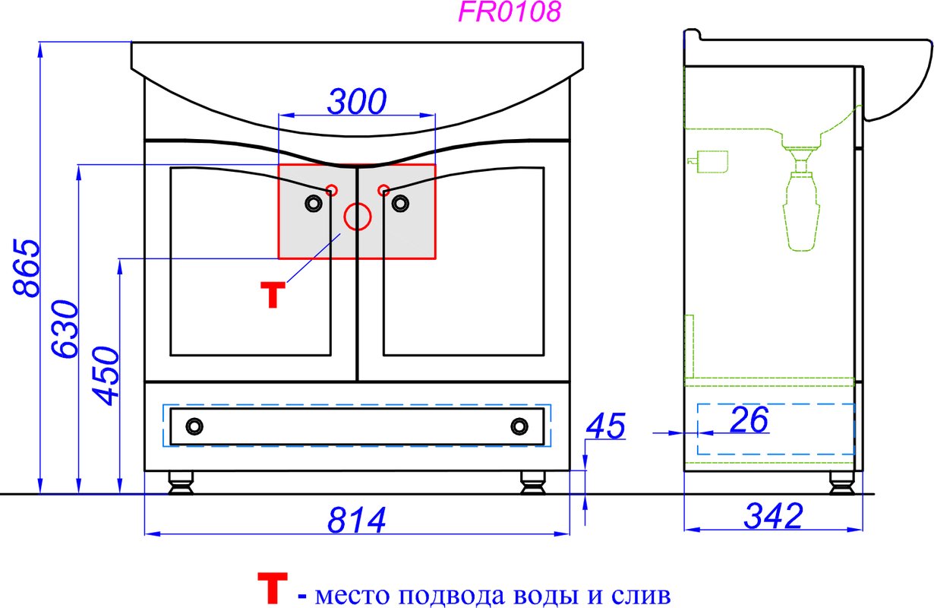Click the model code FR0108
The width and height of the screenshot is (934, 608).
pos(510,11)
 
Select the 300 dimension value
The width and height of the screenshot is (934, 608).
pos(357,101)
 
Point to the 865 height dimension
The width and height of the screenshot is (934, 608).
pos(27,268)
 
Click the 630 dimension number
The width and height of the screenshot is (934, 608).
pos(65,329)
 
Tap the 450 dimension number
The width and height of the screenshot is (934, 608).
pos(106,375)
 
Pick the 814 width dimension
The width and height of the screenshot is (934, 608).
pos(356,520)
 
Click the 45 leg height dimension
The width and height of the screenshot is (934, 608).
pos(606,426)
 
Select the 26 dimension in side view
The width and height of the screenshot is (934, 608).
pos(749,420)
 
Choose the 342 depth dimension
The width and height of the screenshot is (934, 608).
pos(774,516)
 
